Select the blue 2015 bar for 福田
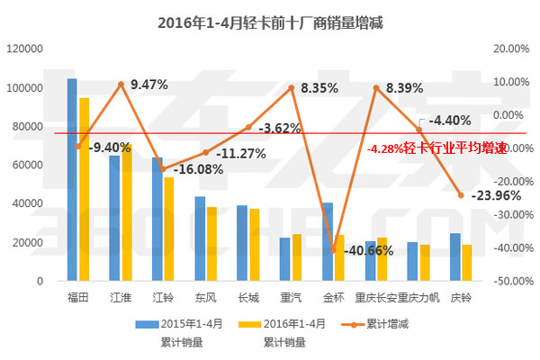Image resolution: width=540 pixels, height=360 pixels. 72,180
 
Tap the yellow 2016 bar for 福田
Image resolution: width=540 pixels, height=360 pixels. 84,189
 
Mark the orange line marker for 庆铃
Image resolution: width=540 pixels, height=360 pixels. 461,194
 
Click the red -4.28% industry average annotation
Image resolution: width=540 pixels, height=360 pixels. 436,148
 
